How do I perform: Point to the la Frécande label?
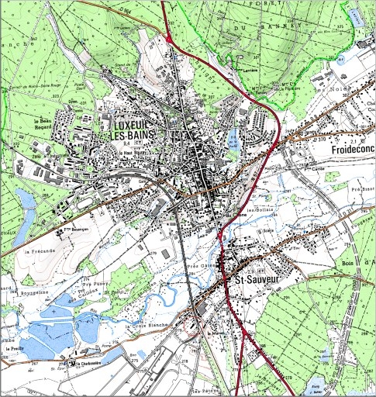[x=40, y=252]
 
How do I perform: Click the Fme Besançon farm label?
[x=78, y=230]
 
